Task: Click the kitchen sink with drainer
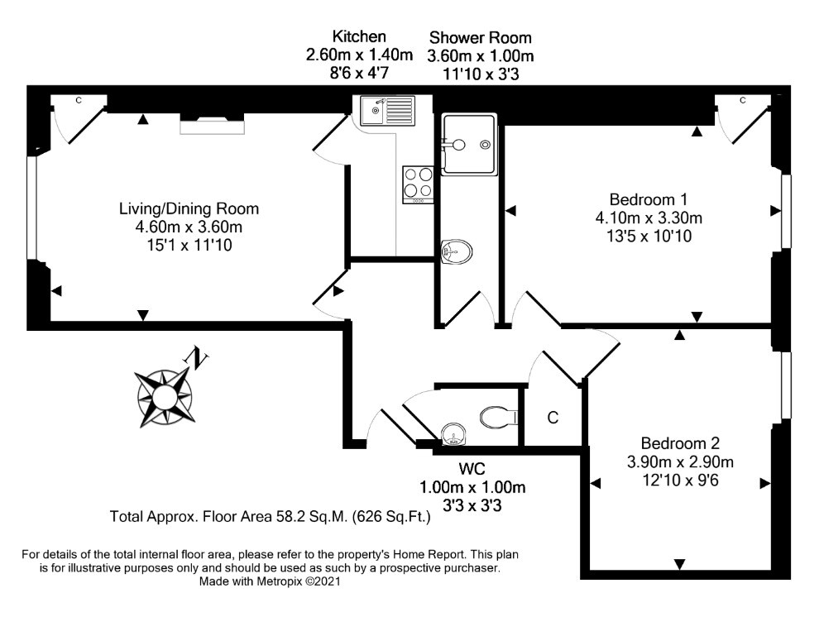coord(387,111)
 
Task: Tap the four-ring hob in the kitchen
coord(418,184)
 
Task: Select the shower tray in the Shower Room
coord(468,144)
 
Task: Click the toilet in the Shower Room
coord(456,252)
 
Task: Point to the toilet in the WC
coord(499,417)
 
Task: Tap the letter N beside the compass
coord(196,357)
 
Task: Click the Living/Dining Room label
coord(189,209)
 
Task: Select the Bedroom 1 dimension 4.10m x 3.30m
coord(649,218)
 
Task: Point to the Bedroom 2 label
coord(680,443)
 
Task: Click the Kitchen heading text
coord(359,36)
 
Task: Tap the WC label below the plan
coord(472,469)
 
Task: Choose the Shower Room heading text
coord(481,37)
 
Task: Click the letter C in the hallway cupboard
coord(553,418)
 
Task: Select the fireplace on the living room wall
coord(212,127)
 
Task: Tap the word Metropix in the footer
coord(279,581)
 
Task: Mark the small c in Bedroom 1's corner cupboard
coord(743,100)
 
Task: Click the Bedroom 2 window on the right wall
coord(786,385)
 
